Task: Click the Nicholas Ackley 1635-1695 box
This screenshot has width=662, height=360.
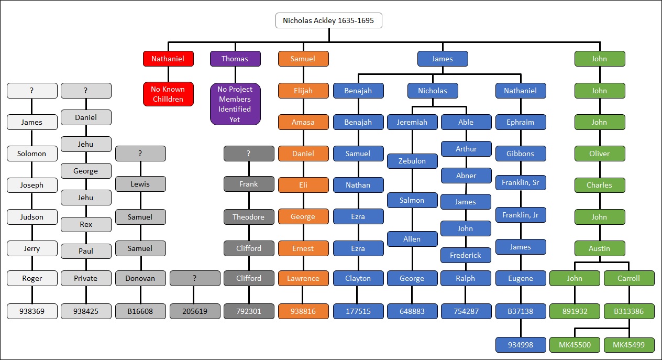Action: point(328,21)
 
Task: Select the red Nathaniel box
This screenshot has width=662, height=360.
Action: point(168,59)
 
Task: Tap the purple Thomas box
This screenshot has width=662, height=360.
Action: point(235,59)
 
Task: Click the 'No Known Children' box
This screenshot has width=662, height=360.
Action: point(168,94)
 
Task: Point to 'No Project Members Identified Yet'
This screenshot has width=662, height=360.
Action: point(235,104)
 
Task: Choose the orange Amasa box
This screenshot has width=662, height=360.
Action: point(303,122)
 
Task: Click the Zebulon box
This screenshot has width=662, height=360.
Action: point(412,161)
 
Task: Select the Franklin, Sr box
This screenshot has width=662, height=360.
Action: point(521,183)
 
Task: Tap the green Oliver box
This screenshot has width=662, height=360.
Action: point(599,154)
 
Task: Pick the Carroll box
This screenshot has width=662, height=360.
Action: point(628,278)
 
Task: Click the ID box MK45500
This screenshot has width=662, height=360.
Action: point(575,344)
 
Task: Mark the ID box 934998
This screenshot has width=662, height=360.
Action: point(521,344)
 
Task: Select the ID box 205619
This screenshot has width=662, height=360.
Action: point(195,311)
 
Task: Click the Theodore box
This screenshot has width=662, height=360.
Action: point(249,217)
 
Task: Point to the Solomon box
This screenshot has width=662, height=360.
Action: point(32,154)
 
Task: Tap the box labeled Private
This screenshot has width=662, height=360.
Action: point(86,278)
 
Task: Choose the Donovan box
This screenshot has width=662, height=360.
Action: point(140,278)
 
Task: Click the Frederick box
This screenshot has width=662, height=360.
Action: point(466,255)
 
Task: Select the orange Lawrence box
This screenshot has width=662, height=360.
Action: point(303,278)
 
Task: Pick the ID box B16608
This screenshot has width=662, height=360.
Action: point(140,311)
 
